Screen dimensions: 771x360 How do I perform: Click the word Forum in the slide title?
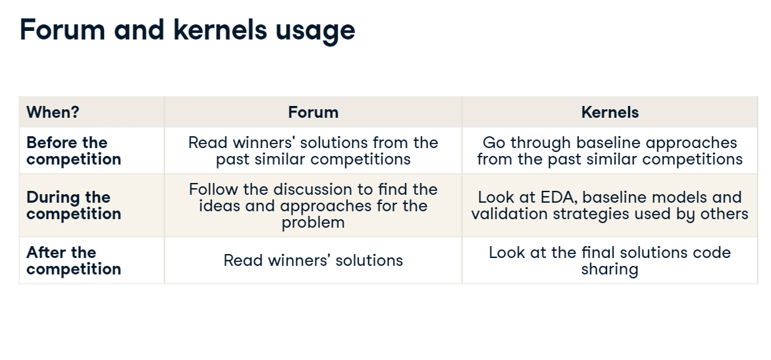click(63, 30)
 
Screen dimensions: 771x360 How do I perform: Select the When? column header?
click(53, 112)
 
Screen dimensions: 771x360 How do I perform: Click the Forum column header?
click(313, 112)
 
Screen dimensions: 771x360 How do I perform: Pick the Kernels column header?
click(610, 112)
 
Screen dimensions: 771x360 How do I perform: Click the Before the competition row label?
click(74, 151)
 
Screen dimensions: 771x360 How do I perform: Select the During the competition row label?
click(74, 205)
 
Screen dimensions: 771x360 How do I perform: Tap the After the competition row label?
click(74, 261)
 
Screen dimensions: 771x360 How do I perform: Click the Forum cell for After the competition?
click(313, 260)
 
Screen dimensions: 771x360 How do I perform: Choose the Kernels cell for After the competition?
click(610, 261)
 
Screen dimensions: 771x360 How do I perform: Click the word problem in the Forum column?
click(313, 222)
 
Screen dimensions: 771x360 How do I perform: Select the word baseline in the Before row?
click(609, 143)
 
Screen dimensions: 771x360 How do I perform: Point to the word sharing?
click(610, 270)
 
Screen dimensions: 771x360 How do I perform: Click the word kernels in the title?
click(221, 30)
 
